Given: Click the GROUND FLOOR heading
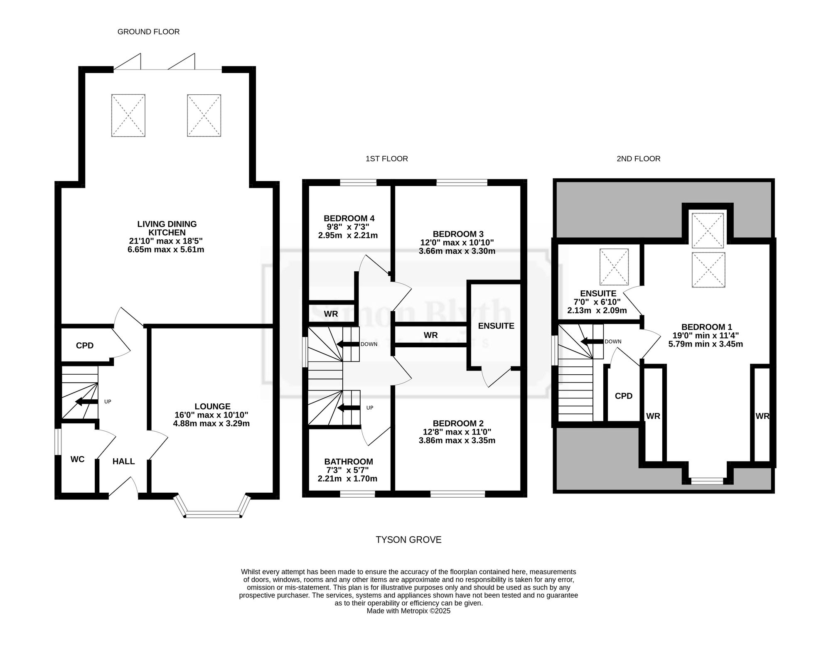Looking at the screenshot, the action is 148,32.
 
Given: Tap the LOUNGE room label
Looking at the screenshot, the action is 212,406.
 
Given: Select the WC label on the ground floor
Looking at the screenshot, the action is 77,459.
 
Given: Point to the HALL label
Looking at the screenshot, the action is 124,461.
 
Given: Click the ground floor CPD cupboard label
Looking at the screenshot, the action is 85,346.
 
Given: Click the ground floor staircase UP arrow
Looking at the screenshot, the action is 86,402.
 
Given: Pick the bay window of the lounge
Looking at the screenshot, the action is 213,506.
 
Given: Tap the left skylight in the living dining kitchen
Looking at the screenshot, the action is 128,115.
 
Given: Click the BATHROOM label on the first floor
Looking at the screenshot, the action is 349,462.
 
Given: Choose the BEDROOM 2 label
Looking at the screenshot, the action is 458,423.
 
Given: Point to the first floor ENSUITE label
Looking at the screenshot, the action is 496,326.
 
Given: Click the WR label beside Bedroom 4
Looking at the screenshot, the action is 331,314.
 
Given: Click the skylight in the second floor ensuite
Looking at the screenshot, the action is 614,267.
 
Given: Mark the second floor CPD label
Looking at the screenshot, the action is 624,396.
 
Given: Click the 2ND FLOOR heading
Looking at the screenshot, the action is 639,159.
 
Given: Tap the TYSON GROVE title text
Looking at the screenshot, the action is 408,540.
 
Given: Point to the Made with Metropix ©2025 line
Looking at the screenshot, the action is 408,611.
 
